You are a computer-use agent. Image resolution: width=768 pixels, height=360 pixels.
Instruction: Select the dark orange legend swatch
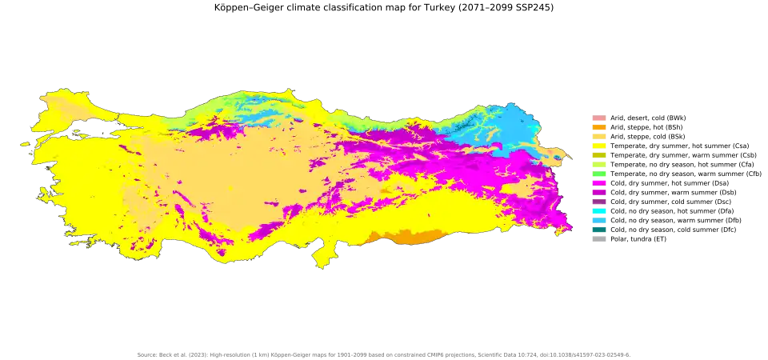point(598,127)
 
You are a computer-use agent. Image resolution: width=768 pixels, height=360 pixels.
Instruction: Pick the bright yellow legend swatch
point(598,145)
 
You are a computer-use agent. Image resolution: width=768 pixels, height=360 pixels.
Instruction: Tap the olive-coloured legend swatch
point(598,154)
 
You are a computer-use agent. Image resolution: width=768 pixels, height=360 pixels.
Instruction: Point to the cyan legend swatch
point(598,210)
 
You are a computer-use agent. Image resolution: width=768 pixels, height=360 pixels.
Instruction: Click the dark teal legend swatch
point(598,229)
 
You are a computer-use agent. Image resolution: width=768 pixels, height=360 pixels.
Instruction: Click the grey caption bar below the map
point(384,354)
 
